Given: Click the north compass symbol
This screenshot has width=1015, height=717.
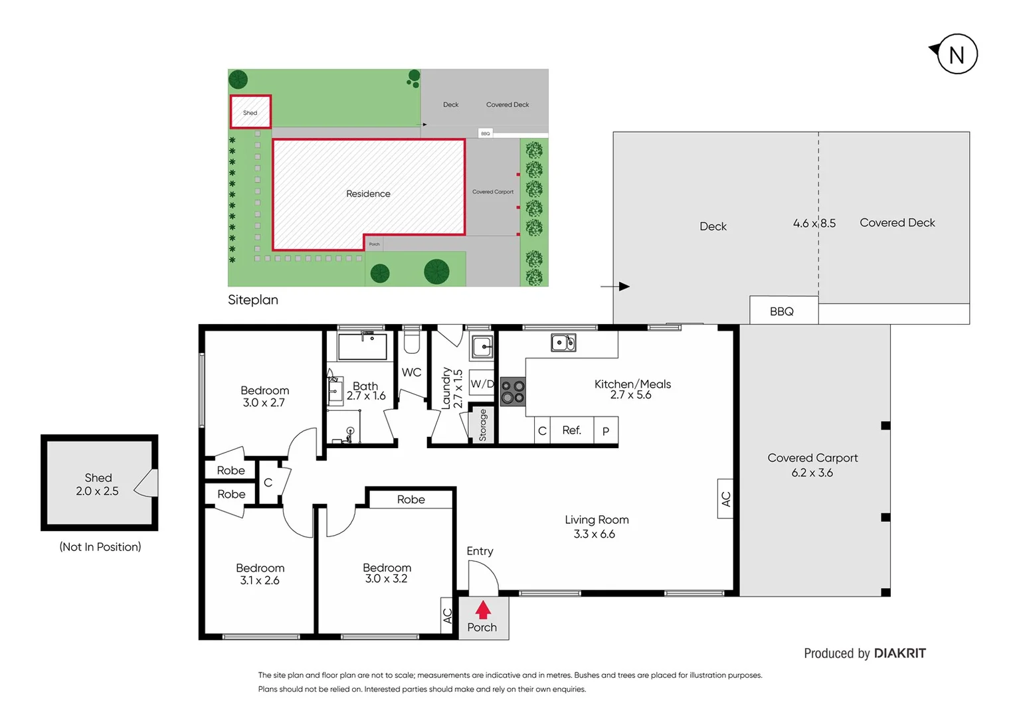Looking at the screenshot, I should point(956,54).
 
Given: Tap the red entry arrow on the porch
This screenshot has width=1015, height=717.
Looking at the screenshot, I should point(483,609).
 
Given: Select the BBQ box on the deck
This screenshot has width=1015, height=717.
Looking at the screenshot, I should point(783,311).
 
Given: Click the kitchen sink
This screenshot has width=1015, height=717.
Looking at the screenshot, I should point(563,343).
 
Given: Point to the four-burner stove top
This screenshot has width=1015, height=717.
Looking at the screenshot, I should point(512,392).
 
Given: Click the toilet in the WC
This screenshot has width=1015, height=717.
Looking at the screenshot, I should point(412,341).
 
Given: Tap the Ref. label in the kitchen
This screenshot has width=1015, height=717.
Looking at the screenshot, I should point(571,430).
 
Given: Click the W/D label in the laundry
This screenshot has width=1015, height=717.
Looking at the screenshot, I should point(482,384).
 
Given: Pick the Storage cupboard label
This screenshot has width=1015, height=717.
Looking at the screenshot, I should point(482,425).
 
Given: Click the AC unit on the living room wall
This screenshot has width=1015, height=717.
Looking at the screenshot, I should point(725,499).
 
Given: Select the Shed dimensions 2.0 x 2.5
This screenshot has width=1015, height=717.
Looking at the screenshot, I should point(97,491).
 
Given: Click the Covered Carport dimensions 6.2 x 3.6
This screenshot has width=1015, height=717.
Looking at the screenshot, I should point(812,473).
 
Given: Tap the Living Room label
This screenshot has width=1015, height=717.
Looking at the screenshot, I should point(597,520).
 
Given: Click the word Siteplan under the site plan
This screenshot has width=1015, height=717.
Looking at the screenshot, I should point(253,300).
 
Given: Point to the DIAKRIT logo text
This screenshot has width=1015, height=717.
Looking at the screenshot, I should point(899,653).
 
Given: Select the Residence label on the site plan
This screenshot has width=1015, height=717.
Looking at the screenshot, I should point(368,194).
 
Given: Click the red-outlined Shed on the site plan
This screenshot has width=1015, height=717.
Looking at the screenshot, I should point(250,112).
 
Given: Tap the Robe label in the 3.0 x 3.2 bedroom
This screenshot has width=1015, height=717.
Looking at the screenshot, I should point(411,499).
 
